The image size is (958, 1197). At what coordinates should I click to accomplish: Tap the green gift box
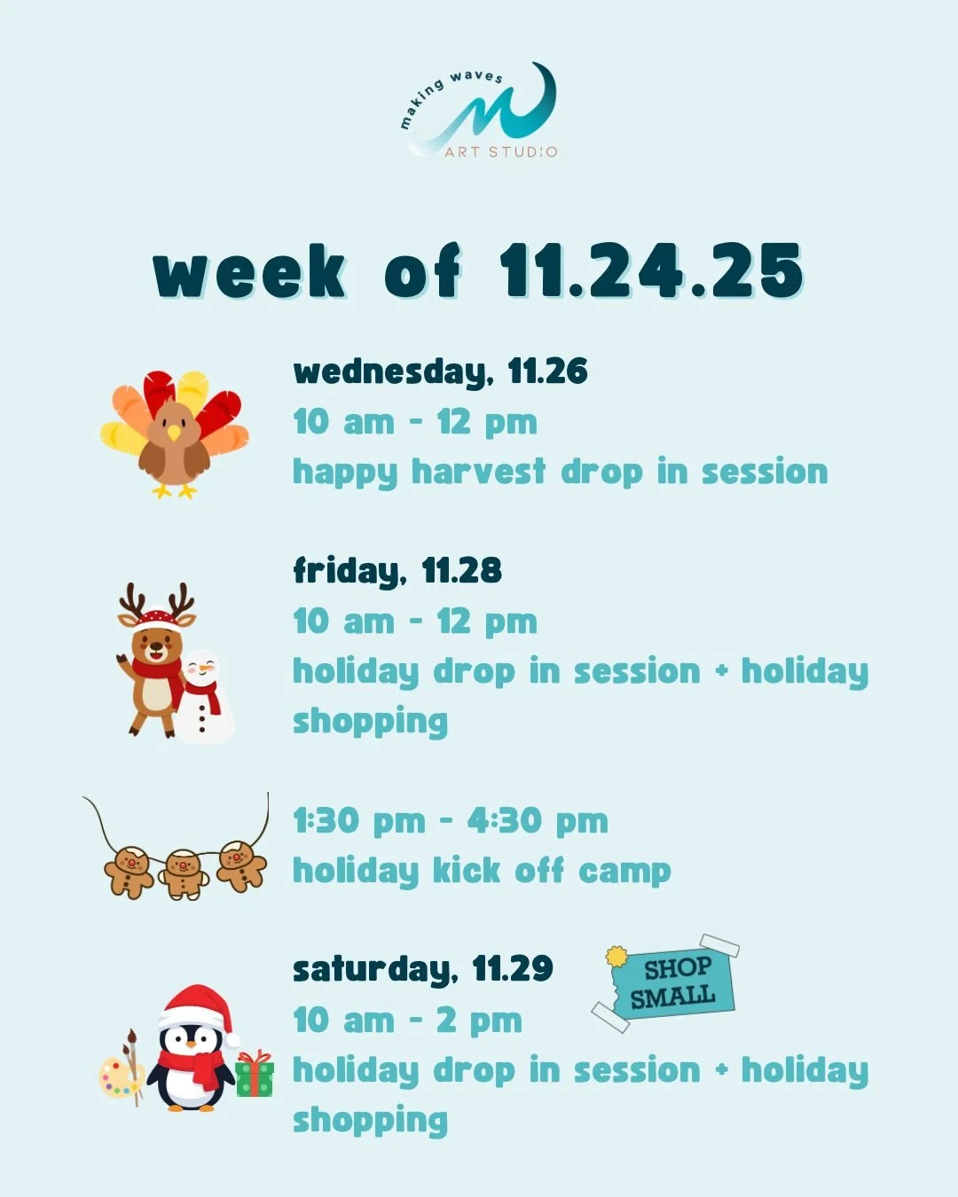coord(254,1075)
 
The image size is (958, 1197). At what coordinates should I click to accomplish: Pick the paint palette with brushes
coord(122,1071)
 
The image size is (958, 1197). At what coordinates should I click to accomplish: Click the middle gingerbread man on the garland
coord(184,873)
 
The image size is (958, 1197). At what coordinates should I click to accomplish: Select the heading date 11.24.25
coord(651,270)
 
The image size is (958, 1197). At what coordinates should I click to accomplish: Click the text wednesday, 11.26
coord(440,372)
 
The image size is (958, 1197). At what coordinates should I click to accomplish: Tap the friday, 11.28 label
coord(397,571)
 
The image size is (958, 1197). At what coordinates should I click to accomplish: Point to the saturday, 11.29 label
coord(422,969)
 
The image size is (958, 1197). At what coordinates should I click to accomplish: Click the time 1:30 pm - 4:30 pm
coord(451,821)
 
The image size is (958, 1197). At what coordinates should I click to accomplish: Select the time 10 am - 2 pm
coord(407,1021)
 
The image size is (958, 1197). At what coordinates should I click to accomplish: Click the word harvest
coord(478,472)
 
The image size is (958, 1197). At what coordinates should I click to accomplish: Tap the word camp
coord(624,872)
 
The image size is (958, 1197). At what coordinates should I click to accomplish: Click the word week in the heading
coord(249,271)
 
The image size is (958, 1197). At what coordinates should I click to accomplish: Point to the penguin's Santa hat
coord(199,1006)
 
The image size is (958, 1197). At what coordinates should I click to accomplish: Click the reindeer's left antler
coord(132,601)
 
